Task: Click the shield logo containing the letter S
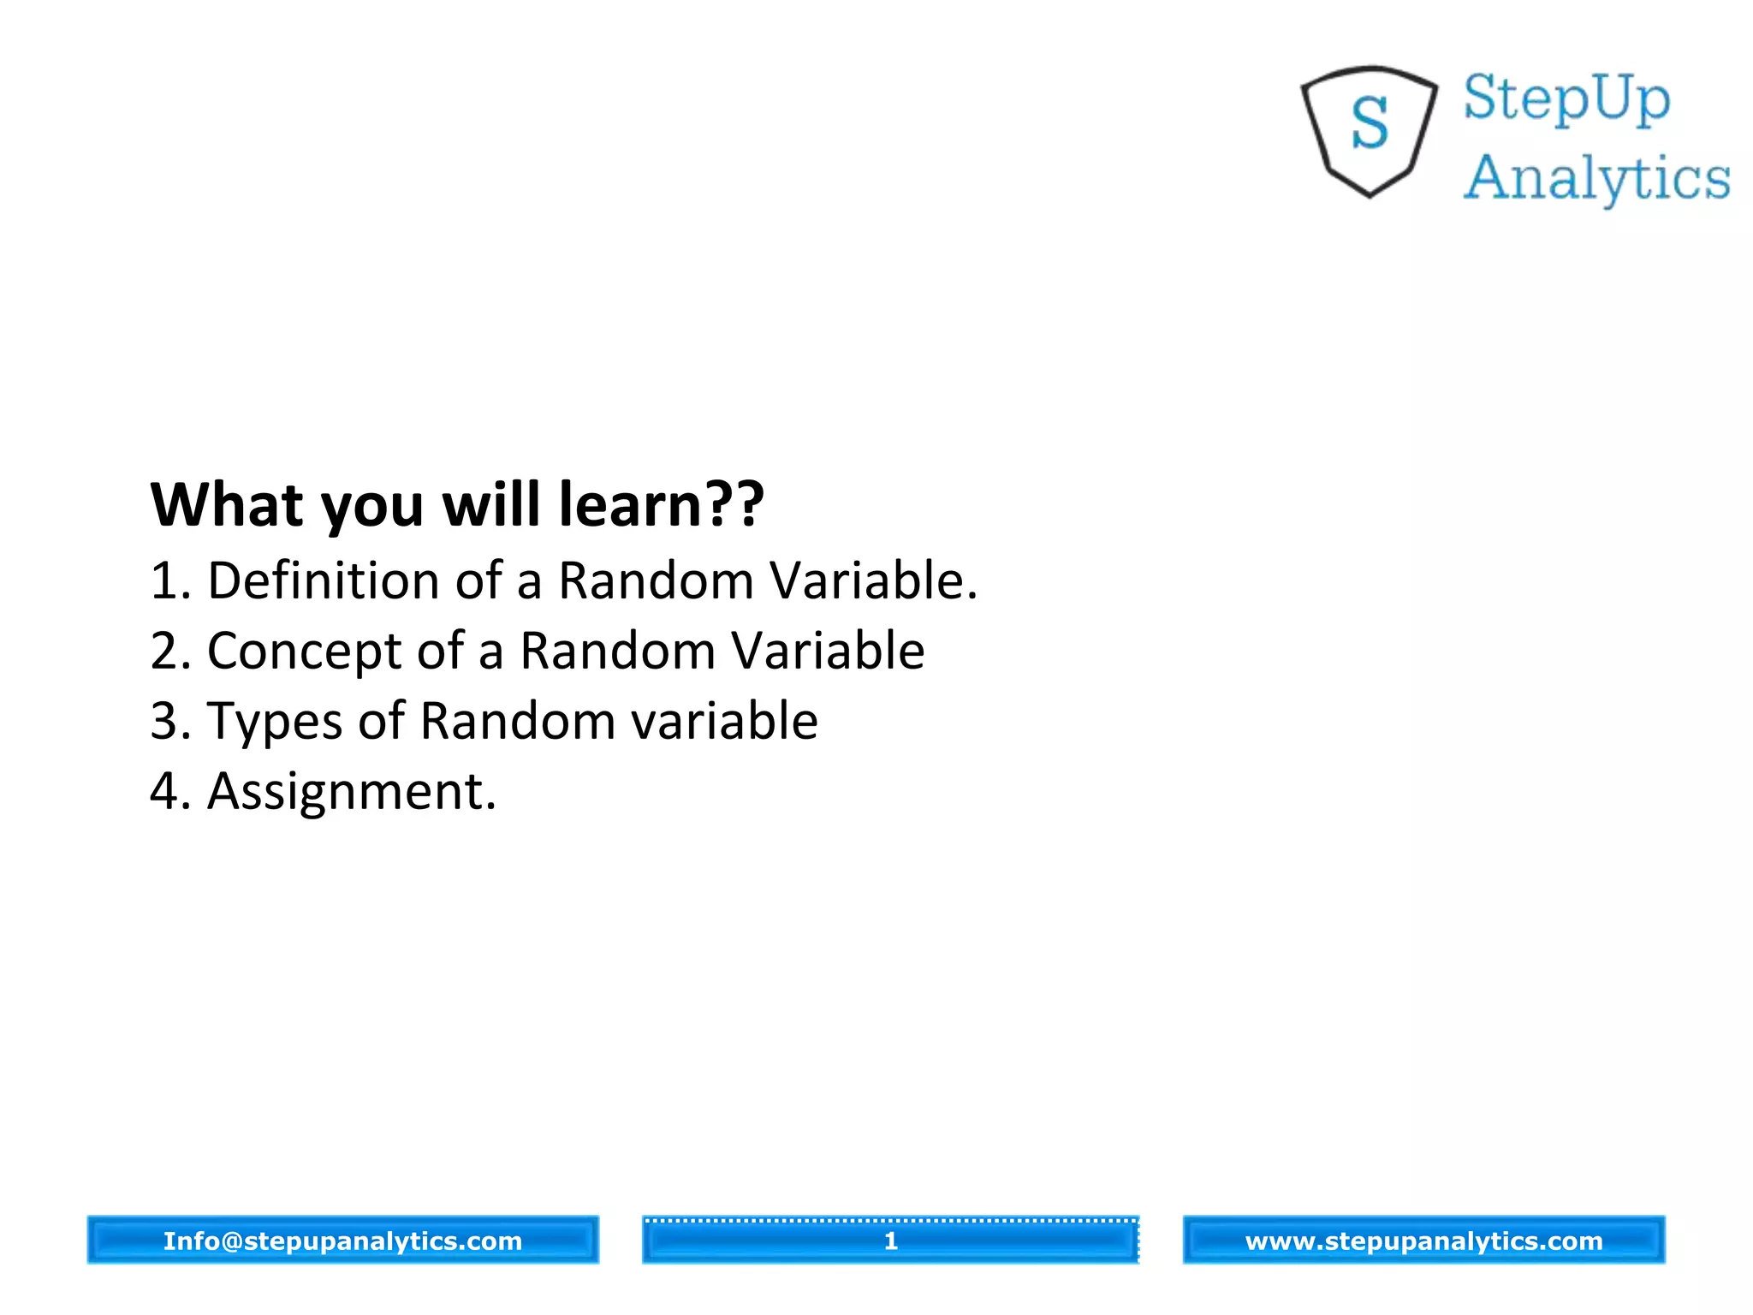[1369, 130]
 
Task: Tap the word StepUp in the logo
[1566, 99]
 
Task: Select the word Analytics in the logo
[1596, 179]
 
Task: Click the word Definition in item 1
[324, 580]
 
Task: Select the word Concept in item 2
[304, 651]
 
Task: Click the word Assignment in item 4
[351, 791]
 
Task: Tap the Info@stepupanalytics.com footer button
[342, 1241]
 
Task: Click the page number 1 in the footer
[890, 1241]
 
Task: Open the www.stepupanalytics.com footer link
[1423, 1241]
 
